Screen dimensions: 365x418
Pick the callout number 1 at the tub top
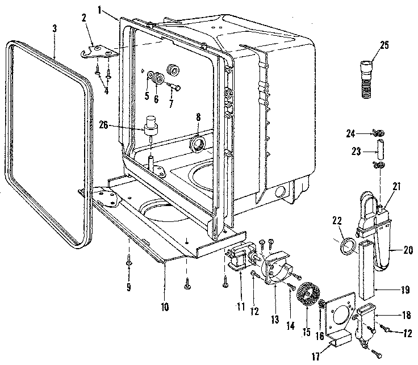100,10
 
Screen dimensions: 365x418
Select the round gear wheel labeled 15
307,295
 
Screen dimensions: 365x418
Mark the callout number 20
408,249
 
